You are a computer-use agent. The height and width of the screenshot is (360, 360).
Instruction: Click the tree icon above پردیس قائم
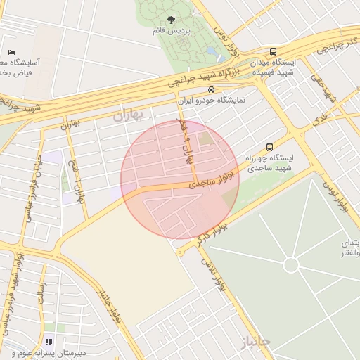(172, 20)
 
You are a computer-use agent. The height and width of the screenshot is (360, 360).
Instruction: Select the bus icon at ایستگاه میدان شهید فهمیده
(273, 52)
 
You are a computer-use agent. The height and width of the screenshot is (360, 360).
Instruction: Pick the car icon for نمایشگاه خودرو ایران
(211, 90)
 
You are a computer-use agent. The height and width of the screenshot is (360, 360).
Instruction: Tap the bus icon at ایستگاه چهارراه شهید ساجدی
(269, 147)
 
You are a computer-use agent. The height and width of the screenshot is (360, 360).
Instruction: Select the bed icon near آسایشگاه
(11, 53)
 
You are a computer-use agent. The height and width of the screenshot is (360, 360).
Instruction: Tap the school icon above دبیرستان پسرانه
(49, 342)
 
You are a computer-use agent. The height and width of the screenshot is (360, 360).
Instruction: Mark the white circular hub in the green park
(290, 265)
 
